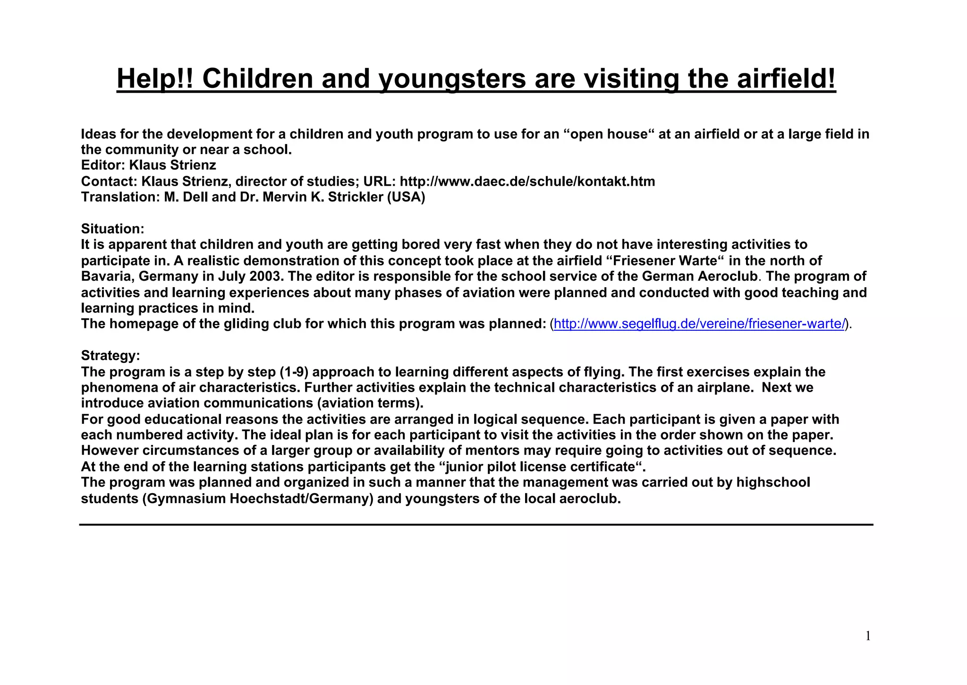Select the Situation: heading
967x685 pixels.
[x=112, y=229]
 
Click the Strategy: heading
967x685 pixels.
[x=110, y=355]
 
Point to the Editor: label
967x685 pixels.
[x=103, y=165]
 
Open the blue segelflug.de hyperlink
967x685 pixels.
[x=699, y=324]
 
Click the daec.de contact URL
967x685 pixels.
[x=527, y=181]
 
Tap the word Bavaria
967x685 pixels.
[x=108, y=276]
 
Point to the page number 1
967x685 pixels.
[x=868, y=636]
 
